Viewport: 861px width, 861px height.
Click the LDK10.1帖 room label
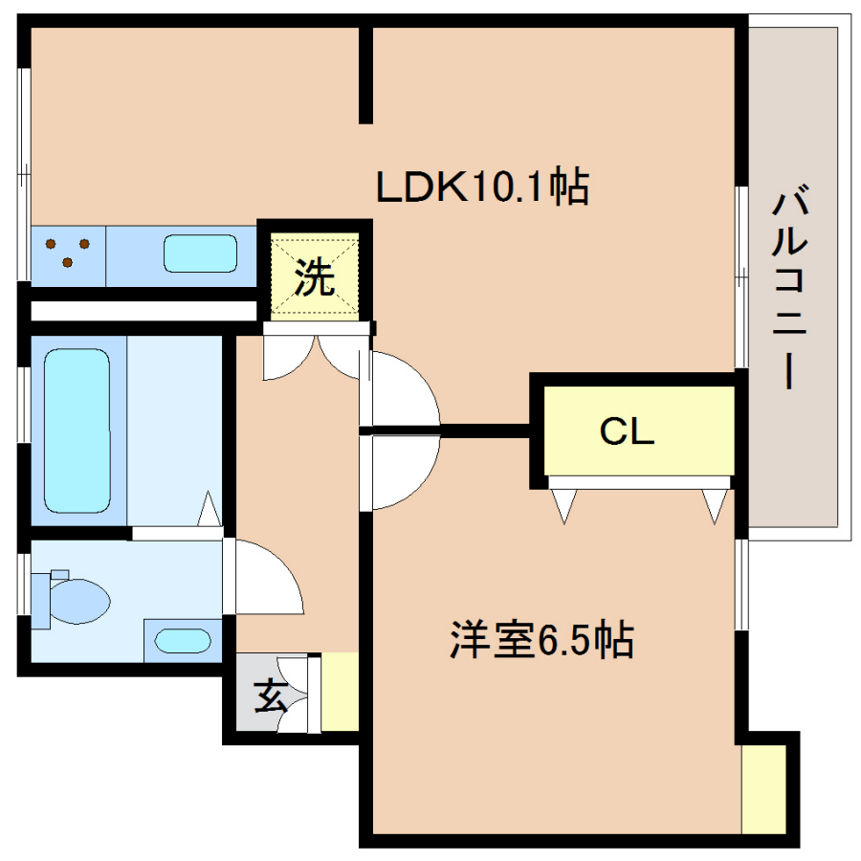click(x=482, y=188)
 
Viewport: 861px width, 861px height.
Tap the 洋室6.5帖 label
click(x=542, y=639)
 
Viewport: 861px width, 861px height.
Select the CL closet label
click(x=627, y=431)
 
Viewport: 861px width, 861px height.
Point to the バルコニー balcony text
click(x=789, y=287)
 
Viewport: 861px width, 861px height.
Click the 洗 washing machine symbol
click(x=315, y=276)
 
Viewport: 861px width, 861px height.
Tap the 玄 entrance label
click(x=272, y=695)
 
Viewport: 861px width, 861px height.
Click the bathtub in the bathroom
click(x=77, y=431)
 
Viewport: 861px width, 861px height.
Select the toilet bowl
click(x=78, y=602)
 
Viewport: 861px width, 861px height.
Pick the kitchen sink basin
click(x=201, y=254)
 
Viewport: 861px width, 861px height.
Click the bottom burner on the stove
click(x=68, y=262)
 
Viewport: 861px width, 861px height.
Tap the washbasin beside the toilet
click(x=183, y=641)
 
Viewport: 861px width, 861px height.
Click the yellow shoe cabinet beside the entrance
click(x=340, y=692)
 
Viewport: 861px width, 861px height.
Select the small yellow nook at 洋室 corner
click(x=763, y=789)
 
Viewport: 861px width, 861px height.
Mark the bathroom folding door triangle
click(x=209, y=508)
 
